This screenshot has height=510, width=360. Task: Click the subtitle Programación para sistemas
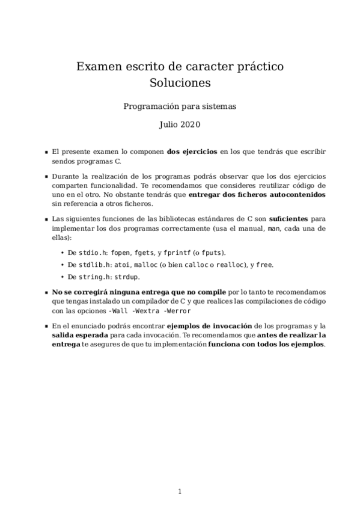click(180, 106)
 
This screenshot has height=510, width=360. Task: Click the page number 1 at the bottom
click(180, 491)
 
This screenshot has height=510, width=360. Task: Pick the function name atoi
click(122, 265)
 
